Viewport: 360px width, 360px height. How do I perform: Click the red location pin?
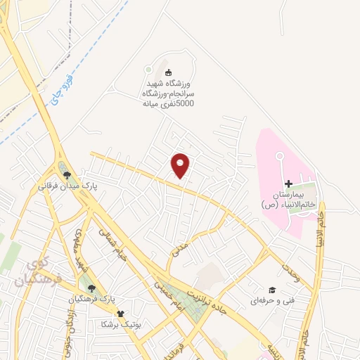point(181,165)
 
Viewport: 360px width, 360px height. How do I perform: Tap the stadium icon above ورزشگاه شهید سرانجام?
point(167,72)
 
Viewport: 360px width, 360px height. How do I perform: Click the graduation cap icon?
point(271,290)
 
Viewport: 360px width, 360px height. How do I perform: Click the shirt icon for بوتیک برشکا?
point(120,314)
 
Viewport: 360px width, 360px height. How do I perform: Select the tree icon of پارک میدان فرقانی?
point(67,176)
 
